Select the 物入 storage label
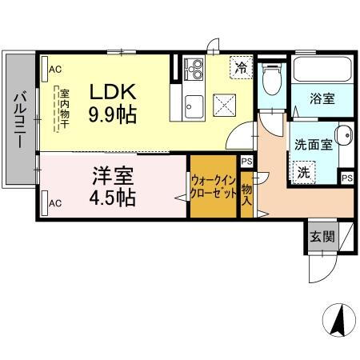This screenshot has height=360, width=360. pyautogui.click(x=246, y=194)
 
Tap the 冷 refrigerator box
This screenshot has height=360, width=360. pyautogui.click(x=239, y=68)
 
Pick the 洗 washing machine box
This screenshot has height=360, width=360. pyautogui.click(x=304, y=170)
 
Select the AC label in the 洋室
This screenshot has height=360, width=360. pyautogui.click(x=54, y=203)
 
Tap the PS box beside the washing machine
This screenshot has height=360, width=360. pyautogui.click(x=346, y=177)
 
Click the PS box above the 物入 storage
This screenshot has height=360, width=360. pyautogui.click(x=246, y=162)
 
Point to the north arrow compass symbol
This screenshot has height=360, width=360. pyautogui.click(x=338, y=322)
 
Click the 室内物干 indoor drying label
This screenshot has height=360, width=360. pyautogui.click(x=62, y=108)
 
